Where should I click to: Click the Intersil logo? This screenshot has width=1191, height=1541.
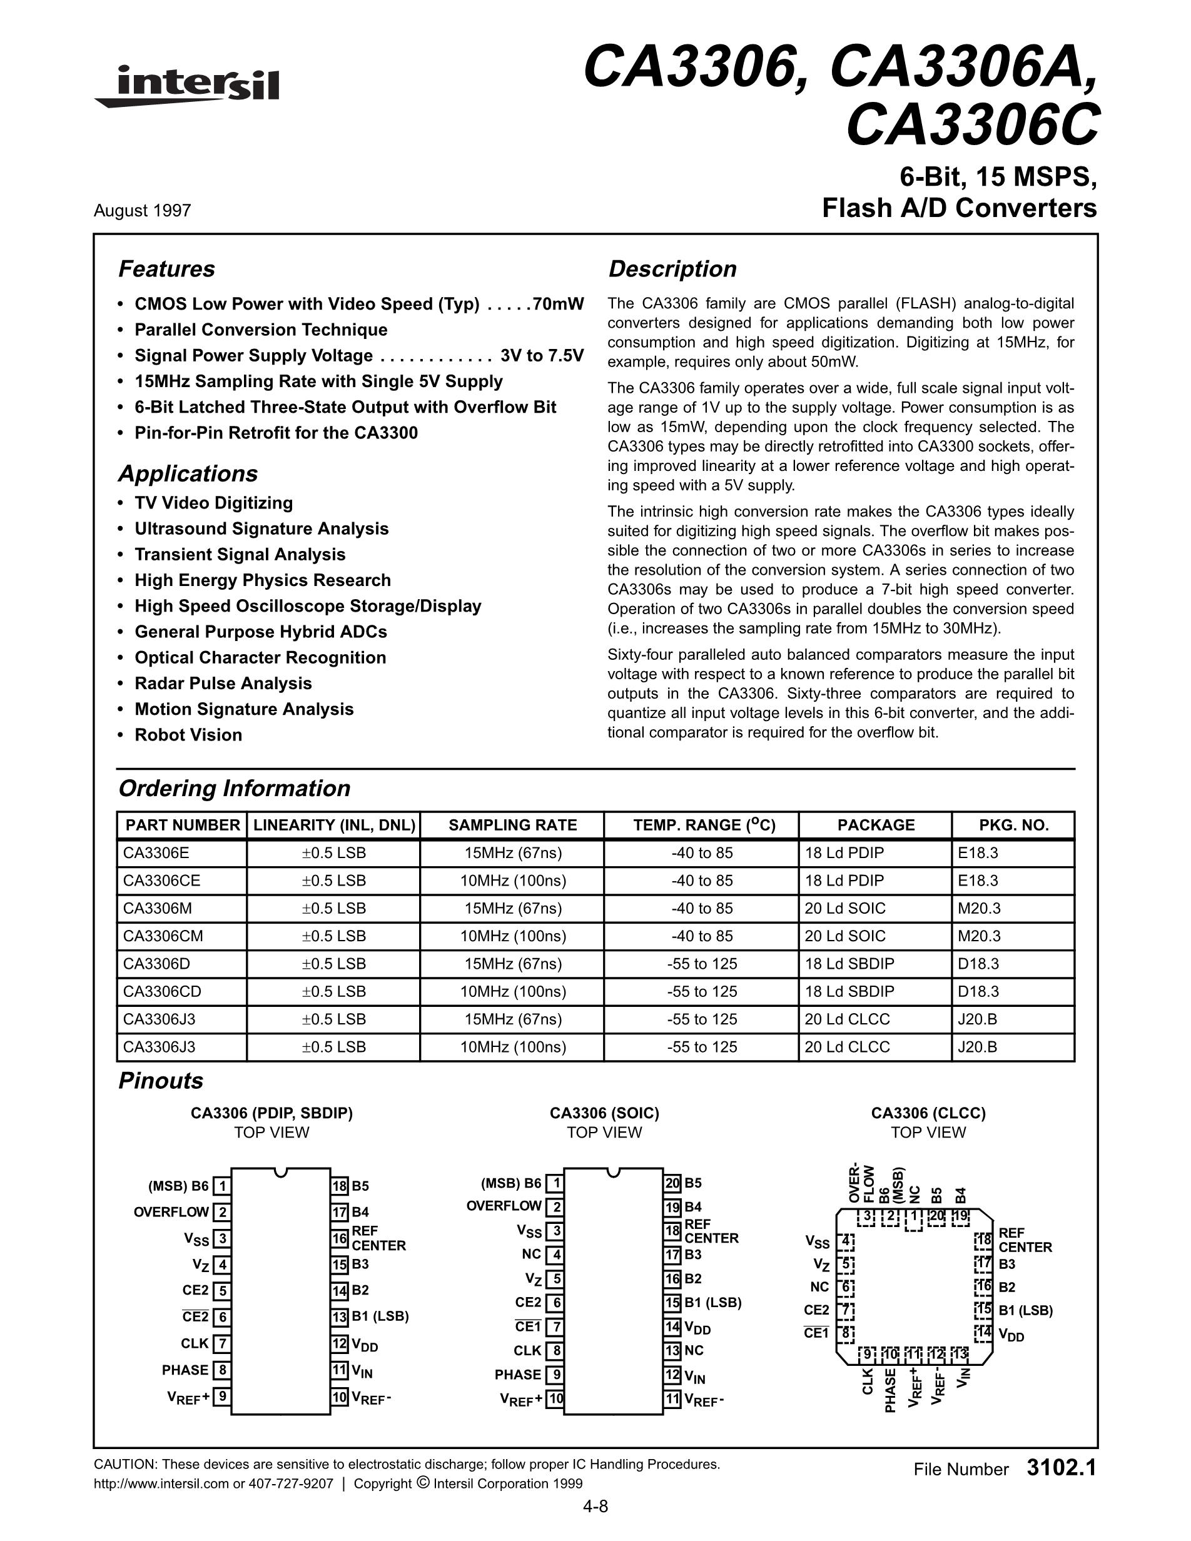(187, 87)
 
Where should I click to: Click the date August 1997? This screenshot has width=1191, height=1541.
(142, 210)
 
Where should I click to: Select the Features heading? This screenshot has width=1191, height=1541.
(166, 269)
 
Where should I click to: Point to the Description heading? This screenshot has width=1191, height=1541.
(672, 269)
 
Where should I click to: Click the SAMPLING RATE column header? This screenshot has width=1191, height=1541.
(512, 825)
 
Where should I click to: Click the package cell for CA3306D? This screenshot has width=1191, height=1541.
(849, 964)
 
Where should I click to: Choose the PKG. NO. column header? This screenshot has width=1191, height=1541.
(1013, 825)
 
